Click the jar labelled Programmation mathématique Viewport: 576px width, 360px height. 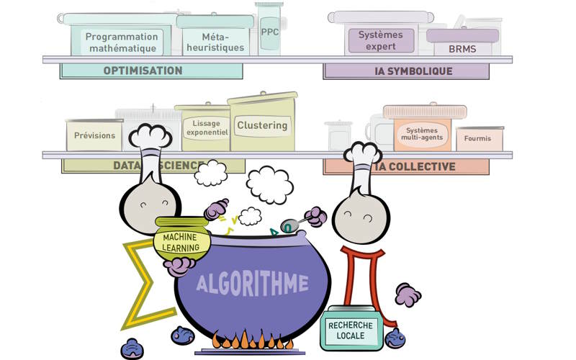(x=121, y=42)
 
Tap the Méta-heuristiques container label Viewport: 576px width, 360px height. (x=213, y=42)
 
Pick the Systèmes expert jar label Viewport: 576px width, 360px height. (x=380, y=40)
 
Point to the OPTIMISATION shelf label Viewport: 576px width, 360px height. (x=143, y=71)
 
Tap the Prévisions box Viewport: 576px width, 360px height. (x=94, y=135)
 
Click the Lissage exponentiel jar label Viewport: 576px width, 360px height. (x=207, y=128)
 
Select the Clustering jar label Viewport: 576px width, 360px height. (x=262, y=125)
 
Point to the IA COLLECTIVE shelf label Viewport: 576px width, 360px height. (x=414, y=166)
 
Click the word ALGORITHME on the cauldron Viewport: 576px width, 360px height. (x=252, y=283)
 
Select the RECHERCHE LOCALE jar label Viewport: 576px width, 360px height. (x=351, y=330)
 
